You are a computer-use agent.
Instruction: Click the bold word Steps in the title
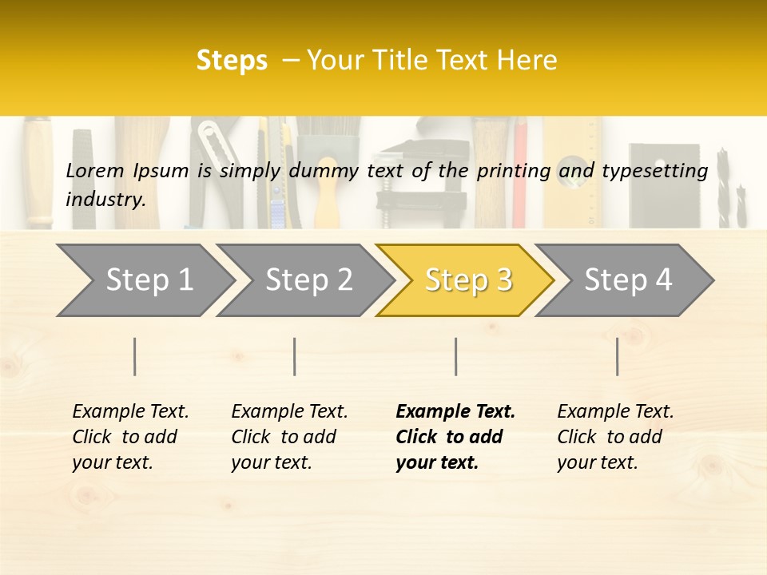(232, 61)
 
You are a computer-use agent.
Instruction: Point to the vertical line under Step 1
(135, 356)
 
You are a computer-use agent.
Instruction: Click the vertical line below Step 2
(295, 356)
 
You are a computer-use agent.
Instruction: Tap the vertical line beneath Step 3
(456, 356)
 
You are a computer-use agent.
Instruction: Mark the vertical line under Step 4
(618, 356)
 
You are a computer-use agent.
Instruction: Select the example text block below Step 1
(130, 436)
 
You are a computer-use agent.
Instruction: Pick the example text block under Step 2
(289, 436)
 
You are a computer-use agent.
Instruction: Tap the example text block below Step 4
(615, 436)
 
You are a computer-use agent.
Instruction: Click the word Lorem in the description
(95, 170)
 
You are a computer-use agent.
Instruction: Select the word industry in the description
(105, 199)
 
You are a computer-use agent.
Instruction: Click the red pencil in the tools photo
(520, 172)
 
